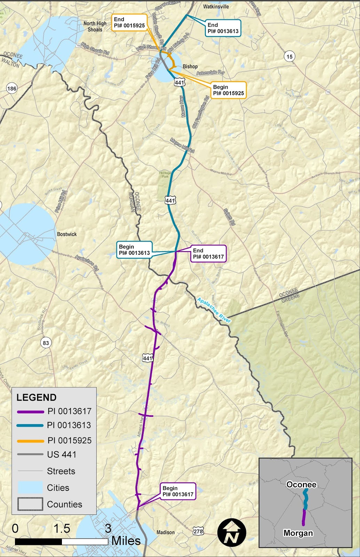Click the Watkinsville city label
(216, 6)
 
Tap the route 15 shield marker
(289, 56)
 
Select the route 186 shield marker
(12, 88)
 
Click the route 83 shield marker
(46, 343)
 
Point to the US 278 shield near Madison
(198, 531)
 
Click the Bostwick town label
(67, 234)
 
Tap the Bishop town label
(190, 66)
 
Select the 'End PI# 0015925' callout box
(129, 22)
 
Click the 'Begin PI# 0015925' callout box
(229, 90)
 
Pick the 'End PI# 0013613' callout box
(223, 28)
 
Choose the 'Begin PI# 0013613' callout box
(134, 250)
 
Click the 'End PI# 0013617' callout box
(208, 253)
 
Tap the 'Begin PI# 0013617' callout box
(178, 491)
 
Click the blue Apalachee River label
(214, 310)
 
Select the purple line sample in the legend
(30, 412)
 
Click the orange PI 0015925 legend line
(30, 441)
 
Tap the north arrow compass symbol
(232, 533)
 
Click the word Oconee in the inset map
(301, 485)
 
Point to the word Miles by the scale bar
(126, 541)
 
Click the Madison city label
(166, 532)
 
